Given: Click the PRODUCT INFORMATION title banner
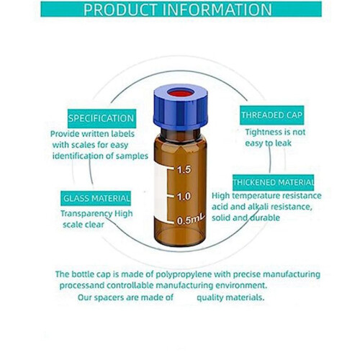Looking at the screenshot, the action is (x=181, y=9).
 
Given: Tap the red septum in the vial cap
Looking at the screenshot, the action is (x=180, y=93).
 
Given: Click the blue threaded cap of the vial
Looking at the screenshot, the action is (x=181, y=107).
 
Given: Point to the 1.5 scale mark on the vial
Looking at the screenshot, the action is (x=184, y=170).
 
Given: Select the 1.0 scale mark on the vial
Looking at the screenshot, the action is (x=184, y=197).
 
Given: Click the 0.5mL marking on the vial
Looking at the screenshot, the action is (x=191, y=220).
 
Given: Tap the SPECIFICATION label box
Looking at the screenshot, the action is (x=102, y=119).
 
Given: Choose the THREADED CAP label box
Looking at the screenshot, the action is (x=272, y=115).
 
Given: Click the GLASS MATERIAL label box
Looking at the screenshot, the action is (x=96, y=198).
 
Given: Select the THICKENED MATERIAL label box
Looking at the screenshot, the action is (x=274, y=182).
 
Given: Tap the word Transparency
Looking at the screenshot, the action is (x=86, y=214).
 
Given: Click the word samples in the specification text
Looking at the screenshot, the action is (x=132, y=156).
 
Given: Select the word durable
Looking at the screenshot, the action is (x=265, y=217).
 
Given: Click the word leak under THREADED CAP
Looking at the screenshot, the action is (x=283, y=143).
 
